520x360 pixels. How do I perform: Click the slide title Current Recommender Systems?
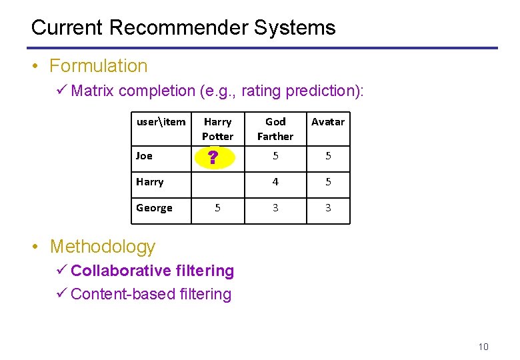coord(183,27)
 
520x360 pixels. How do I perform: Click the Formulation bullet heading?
coord(98,66)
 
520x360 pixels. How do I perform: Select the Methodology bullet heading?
coord(102,247)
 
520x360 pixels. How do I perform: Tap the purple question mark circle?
coord(212,158)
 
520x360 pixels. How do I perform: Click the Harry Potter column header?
coord(217,129)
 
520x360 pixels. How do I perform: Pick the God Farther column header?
coord(275,129)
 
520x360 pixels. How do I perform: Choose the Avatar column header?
coord(328,121)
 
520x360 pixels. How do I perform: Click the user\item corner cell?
coord(161,121)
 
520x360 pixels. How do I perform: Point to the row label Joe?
coord(144,156)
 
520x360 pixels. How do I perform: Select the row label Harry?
coord(149,181)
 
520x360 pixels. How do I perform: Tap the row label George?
coord(154,208)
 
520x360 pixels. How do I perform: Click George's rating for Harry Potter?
coord(217,208)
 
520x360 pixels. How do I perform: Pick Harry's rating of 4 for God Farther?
coord(275,181)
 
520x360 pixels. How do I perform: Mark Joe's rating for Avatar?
coord(328,156)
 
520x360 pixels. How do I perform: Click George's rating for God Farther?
coord(275,208)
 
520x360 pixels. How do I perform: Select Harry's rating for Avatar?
coord(328,181)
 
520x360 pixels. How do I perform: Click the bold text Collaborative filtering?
coord(152,271)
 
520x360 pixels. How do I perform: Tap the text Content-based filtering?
coord(151,294)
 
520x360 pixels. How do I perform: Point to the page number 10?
coord(483,347)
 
